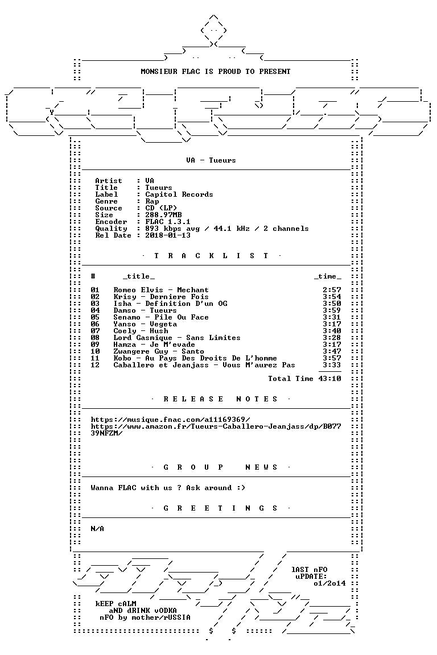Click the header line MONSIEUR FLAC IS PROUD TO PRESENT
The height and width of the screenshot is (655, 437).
[x=215, y=72]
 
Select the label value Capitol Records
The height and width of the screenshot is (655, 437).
[x=179, y=194]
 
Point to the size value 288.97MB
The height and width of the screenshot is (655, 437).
[x=163, y=215]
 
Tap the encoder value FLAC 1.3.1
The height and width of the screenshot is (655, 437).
[x=168, y=222]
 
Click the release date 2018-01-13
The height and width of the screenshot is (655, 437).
[x=168, y=235]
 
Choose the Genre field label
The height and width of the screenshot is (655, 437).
[x=106, y=201]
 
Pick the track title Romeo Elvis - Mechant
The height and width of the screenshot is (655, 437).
[x=161, y=290]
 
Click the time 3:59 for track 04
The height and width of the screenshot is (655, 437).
[x=332, y=310]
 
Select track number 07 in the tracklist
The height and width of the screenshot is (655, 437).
[x=95, y=331]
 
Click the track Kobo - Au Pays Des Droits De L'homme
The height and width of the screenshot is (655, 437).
[x=195, y=358]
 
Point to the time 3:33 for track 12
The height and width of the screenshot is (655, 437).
[x=332, y=364]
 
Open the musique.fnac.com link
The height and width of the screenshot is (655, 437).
[x=171, y=420]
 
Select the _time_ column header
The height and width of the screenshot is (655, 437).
[x=327, y=276]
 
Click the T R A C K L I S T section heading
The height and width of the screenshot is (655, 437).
[x=211, y=256]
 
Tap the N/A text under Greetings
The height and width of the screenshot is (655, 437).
[x=97, y=529]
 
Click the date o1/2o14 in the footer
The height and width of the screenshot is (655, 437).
[x=329, y=583]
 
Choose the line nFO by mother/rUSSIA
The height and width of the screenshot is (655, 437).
[x=145, y=617]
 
